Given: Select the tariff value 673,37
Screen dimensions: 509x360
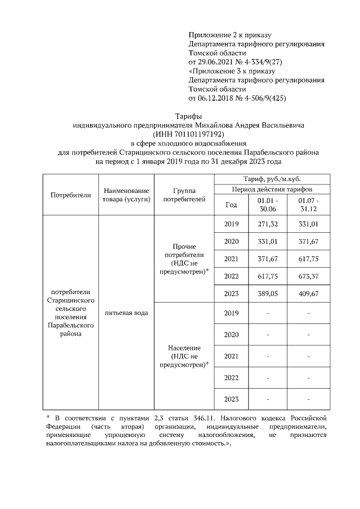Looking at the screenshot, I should (309, 276).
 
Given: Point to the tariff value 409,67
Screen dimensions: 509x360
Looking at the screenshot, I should (309, 293).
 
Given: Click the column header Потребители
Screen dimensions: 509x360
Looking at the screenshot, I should (71, 195).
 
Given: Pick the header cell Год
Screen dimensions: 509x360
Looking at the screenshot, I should (231, 205).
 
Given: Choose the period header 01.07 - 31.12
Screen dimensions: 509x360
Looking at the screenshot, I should (309, 205).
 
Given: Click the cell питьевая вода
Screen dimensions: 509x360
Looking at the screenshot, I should (126, 313).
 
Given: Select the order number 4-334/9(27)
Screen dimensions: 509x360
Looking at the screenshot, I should (257, 61).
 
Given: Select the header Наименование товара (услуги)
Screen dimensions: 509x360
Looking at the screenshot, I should (126, 195).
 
